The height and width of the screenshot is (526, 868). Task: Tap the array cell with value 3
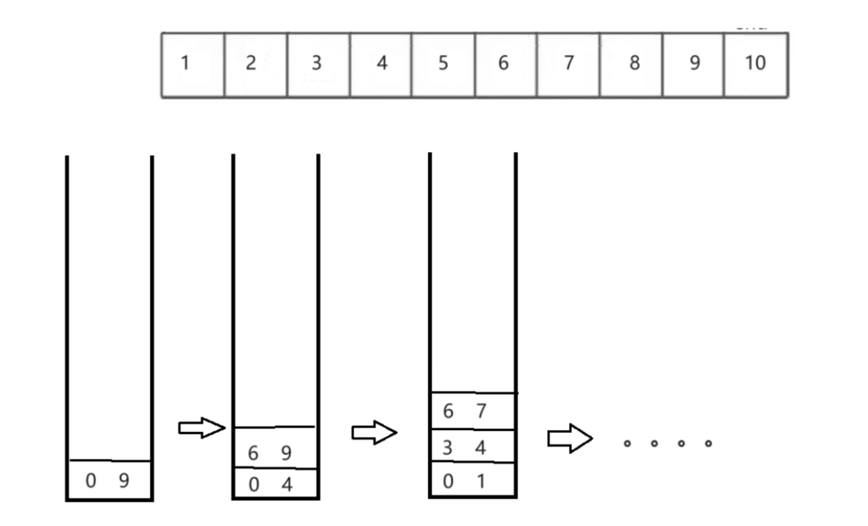coord(318,64)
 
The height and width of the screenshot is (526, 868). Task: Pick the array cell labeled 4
coord(381,64)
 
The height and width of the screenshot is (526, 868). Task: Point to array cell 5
coord(443,64)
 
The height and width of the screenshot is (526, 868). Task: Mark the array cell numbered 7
coord(568,64)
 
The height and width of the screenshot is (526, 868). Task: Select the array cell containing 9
coord(693,64)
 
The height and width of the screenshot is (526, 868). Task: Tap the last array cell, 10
coord(755,64)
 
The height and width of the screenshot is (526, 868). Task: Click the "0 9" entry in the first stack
coord(109,480)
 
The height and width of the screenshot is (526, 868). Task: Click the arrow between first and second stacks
coord(201,429)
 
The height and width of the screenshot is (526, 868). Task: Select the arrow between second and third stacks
coord(374,434)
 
